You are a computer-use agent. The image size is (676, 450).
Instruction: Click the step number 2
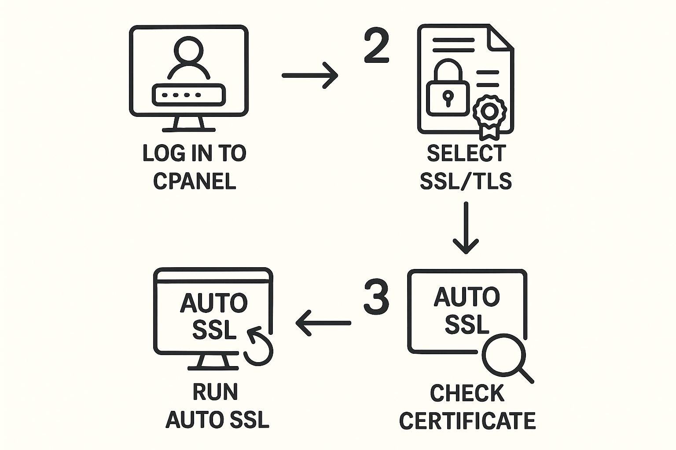coord(377,46)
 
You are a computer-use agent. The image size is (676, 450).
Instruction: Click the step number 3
coord(376,298)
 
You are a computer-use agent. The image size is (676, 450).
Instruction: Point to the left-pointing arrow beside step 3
coord(323,323)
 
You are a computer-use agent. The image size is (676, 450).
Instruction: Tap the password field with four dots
coord(188,95)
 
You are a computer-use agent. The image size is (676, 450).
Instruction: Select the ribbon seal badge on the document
coord(489,114)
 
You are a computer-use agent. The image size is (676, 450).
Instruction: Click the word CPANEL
coord(195,181)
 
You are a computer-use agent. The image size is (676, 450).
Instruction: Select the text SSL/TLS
coord(466,181)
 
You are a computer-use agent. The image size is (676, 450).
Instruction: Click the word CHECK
coord(467,393)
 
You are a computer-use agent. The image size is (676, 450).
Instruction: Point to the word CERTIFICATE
coord(467,421)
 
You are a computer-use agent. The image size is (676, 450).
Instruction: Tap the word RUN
coord(215,392)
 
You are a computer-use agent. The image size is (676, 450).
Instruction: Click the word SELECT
coord(466,153)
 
